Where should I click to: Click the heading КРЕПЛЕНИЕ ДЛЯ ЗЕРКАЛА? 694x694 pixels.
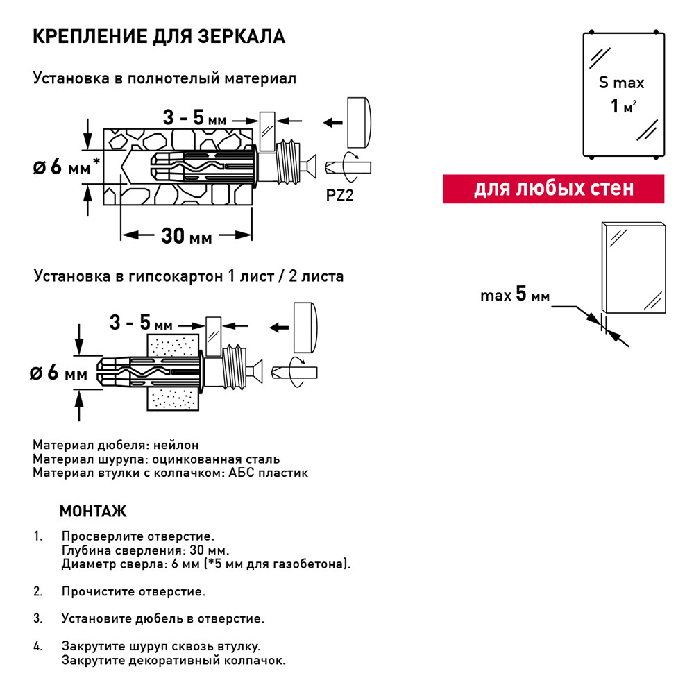(x=159, y=37)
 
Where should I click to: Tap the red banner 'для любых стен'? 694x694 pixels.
(x=553, y=189)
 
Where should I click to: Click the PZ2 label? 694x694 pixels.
(x=339, y=196)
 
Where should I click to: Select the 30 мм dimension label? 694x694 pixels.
(x=186, y=236)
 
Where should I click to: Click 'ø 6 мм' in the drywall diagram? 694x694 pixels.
(x=59, y=373)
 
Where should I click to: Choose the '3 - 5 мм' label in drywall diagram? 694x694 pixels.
(x=141, y=323)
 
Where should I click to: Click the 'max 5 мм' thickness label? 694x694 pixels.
(x=514, y=296)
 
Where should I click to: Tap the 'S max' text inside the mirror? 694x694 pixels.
(x=622, y=83)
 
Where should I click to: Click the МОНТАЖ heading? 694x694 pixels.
(x=93, y=512)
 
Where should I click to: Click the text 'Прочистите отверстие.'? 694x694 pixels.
(x=133, y=592)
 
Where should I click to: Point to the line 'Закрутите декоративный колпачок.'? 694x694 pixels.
(x=173, y=660)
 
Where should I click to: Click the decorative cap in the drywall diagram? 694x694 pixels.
(x=305, y=327)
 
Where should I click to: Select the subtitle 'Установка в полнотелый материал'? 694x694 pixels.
(x=164, y=78)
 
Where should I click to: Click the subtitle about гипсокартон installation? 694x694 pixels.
(x=188, y=276)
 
